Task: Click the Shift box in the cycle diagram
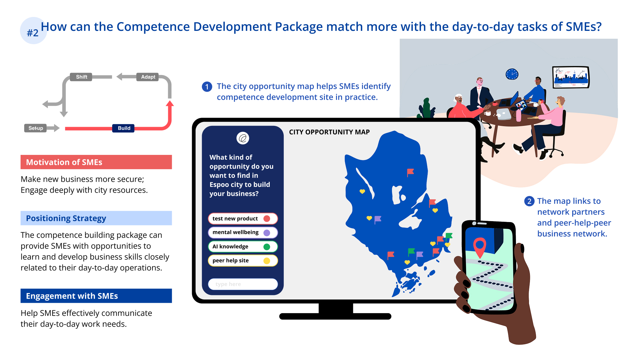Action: tap(81, 77)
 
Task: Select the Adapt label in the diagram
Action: tap(148, 77)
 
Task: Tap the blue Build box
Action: tap(123, 128)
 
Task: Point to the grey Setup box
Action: tap(35, 128)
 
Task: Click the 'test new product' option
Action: tap(243, 218)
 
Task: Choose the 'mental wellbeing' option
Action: tap(243, 232)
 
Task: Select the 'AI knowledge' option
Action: tap(243, 246)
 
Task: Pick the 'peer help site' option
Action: tap(243, 260)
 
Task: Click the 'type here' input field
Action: tap(243, 284)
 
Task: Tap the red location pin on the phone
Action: tap(480, 247)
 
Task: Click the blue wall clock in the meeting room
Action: tap(512, 74)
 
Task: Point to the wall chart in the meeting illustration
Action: tap(571, 77)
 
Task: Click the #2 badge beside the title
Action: tap(33, 31)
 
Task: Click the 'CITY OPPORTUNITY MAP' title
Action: tap(329, 132)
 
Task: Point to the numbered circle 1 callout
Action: tap(207, 87)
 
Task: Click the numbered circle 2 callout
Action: tap(529, 201)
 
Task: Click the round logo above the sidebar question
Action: tap(243, 138)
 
